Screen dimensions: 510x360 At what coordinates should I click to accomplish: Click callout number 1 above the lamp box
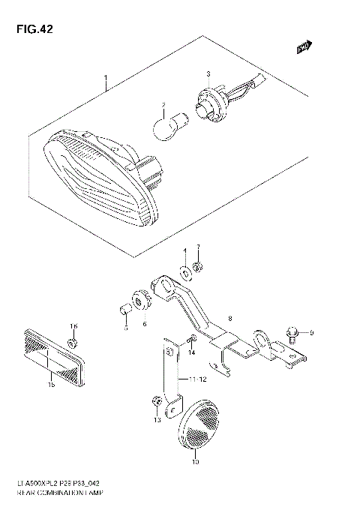click(106, 79)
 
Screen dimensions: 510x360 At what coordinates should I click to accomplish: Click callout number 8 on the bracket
click(209, 319)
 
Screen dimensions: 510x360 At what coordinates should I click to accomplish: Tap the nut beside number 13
click(155, 401)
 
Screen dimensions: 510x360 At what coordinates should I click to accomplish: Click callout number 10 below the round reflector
click(195, 462)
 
